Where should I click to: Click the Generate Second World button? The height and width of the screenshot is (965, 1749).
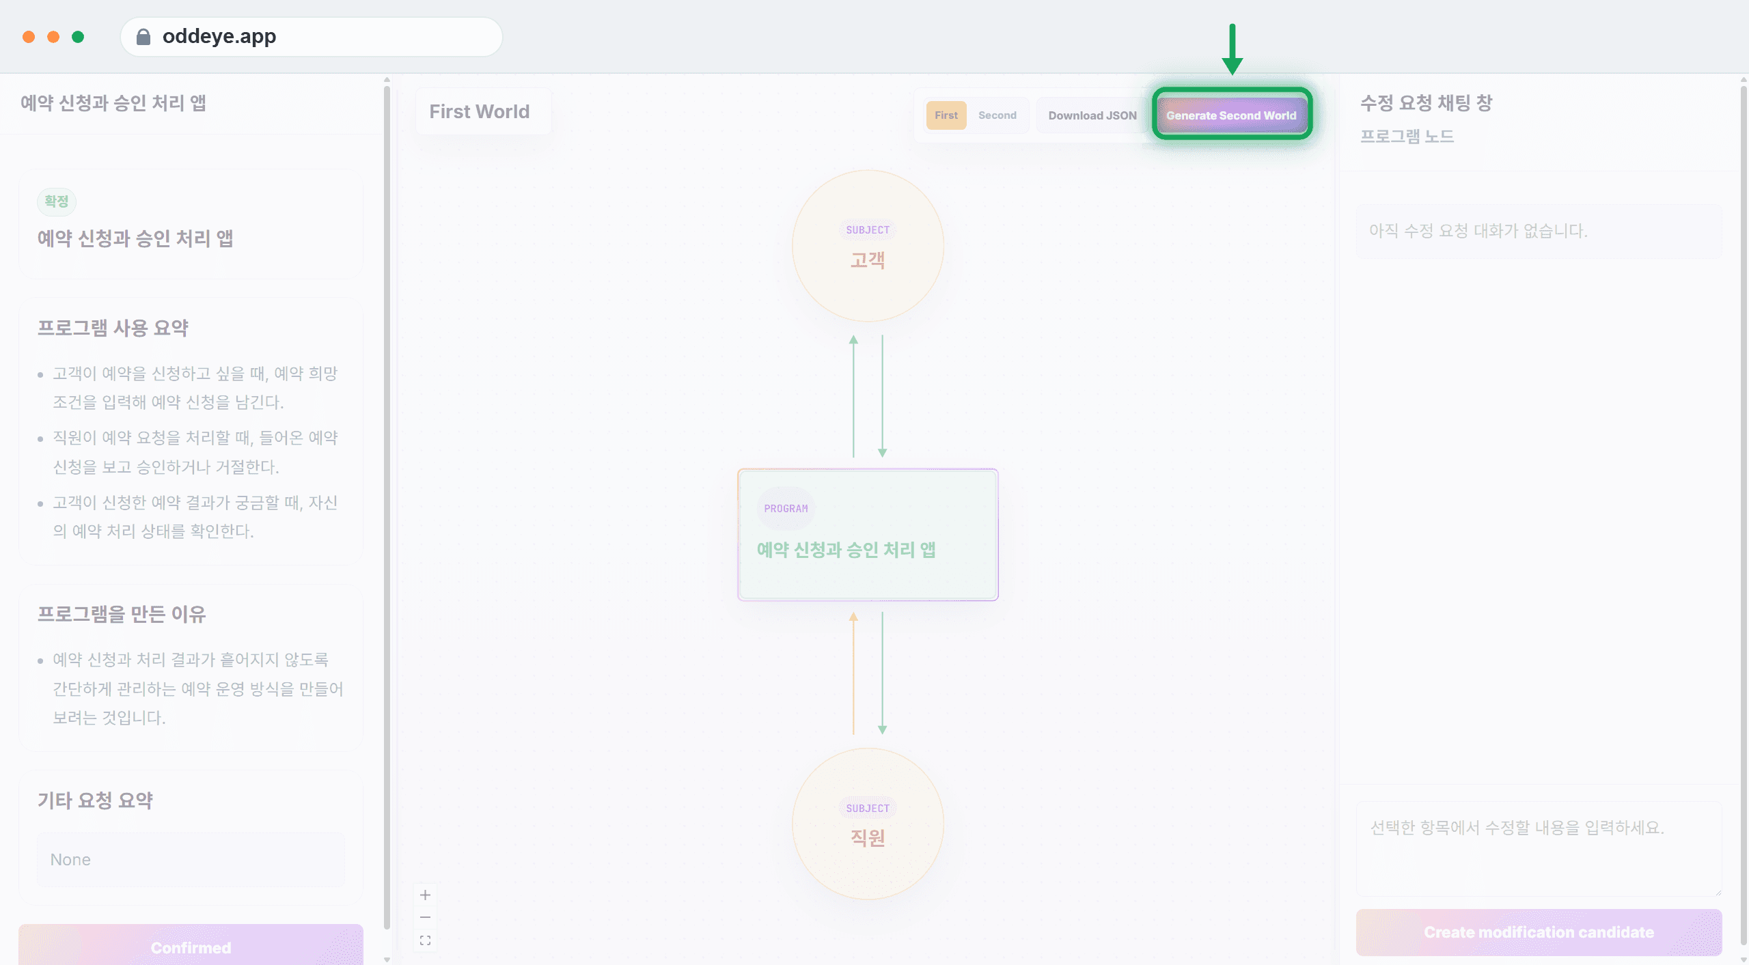1231,115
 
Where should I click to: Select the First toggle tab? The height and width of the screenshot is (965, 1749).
946,115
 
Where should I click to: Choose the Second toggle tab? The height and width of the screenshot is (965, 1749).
997,115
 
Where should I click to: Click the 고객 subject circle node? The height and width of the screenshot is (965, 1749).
868,246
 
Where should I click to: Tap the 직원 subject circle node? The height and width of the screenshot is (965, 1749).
868,824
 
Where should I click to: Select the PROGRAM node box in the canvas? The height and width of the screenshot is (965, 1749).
868,535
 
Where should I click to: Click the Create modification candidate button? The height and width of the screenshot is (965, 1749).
1539,932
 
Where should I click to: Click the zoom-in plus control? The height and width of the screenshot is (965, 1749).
425,895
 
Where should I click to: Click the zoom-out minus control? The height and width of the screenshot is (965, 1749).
425,917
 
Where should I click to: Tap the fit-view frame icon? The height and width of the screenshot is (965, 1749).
425,940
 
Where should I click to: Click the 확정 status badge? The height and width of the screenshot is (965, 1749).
57,201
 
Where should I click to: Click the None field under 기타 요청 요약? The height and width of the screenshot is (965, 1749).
191,859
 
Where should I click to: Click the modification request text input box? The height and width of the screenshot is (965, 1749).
1539,848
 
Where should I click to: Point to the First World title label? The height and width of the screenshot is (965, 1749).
480,111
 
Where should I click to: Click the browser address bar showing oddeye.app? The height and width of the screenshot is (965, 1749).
312,36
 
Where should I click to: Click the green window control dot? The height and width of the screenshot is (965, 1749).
78,37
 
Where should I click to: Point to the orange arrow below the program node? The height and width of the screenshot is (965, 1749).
853,673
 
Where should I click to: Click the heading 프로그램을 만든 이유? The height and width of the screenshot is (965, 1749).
122,614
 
